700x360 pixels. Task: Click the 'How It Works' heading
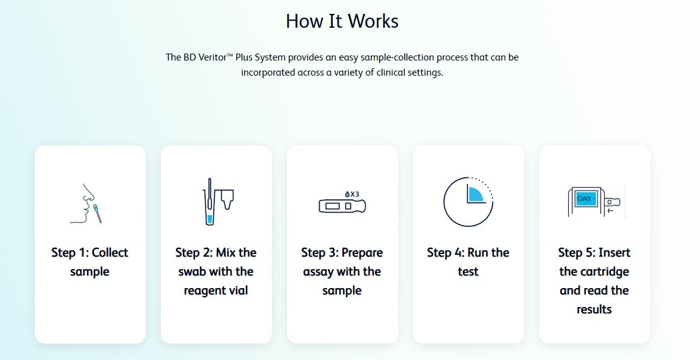point(342,21)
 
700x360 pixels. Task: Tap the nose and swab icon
point(86,204)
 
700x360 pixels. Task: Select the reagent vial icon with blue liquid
point(209,202)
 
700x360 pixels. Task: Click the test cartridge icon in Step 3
point(342,206)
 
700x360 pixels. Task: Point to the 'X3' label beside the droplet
point(354,194)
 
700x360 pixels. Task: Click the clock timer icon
point(469,202)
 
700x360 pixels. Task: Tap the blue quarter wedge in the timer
point(477,194)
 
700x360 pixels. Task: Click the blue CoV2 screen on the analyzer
point(586,199)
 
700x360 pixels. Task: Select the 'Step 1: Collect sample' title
point(90,262)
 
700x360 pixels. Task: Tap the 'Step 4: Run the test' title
point(469,262)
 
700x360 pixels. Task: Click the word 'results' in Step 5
point(594,309)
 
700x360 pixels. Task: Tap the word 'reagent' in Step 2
point(203,291)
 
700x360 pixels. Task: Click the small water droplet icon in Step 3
point(347,194)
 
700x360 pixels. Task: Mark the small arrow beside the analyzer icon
point(610,211)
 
